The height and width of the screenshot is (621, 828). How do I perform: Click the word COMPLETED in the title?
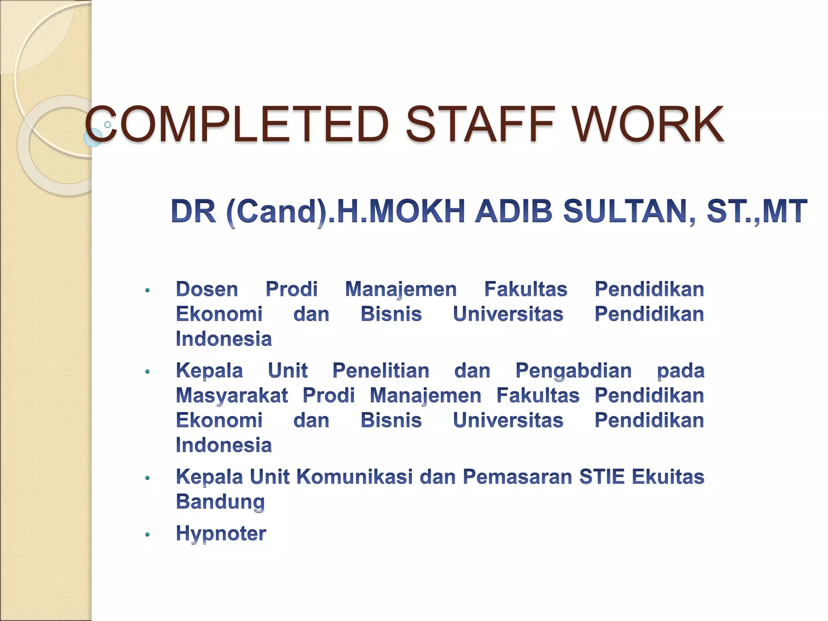237,124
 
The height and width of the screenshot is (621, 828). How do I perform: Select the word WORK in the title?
648,124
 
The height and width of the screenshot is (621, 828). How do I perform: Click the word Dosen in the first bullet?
207,289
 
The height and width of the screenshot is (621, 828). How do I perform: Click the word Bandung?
220,502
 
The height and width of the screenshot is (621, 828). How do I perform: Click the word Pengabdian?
573,371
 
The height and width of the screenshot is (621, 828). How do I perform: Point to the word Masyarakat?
232,395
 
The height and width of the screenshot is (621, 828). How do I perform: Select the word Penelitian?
380,371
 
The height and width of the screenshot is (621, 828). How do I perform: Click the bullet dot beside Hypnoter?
148,535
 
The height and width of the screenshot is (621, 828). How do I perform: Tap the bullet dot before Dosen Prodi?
148,290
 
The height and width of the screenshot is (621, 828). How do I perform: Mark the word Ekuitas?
668,477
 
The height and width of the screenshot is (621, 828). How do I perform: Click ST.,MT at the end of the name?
756,211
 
